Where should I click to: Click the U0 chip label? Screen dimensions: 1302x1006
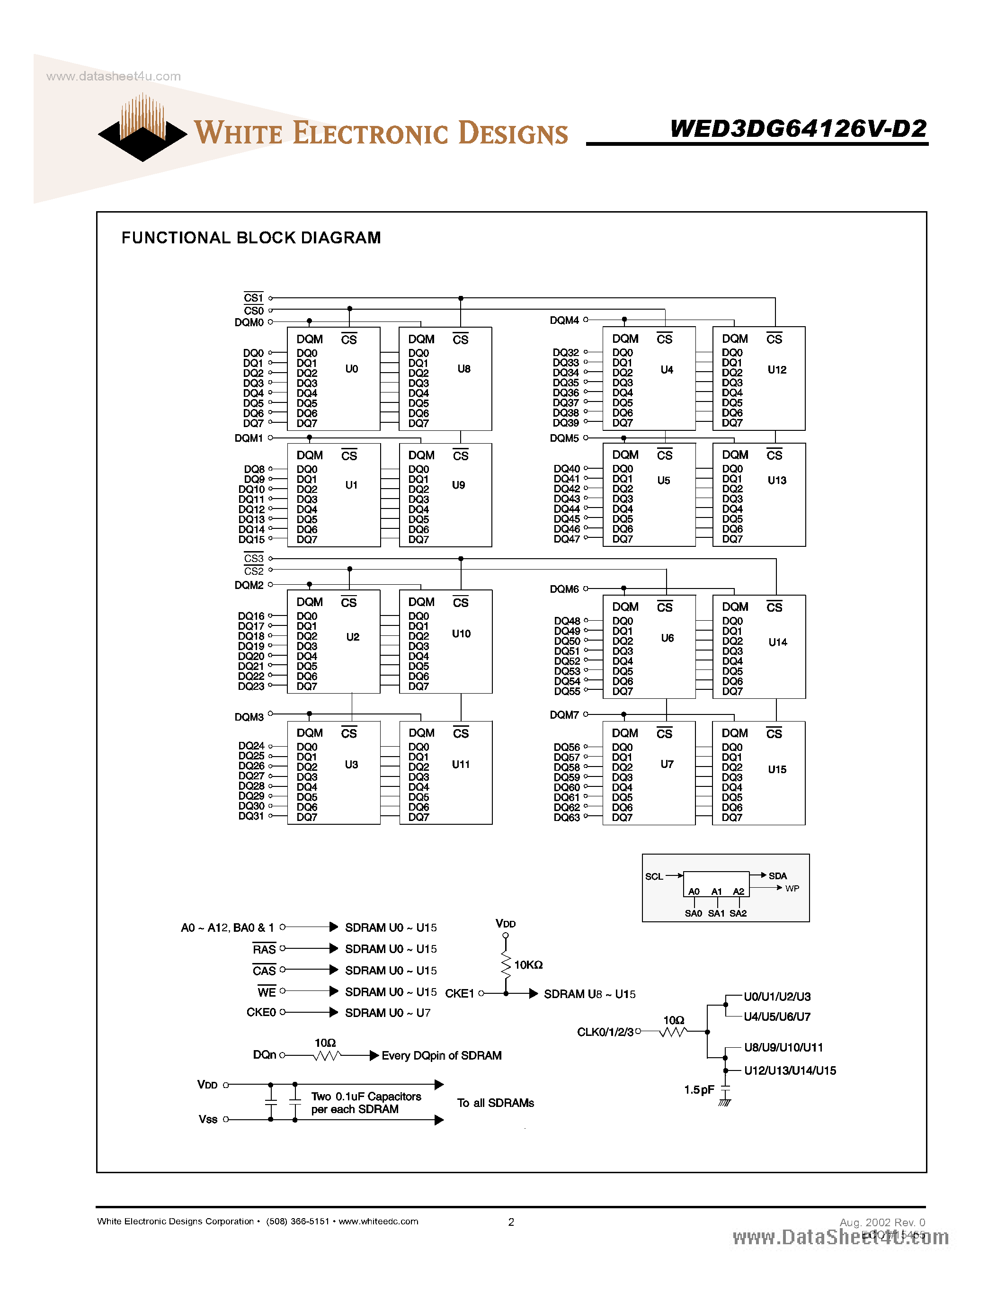pos(352,369)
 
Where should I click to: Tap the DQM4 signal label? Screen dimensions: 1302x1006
pos(564,320)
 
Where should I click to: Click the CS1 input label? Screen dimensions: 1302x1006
pos(253,297)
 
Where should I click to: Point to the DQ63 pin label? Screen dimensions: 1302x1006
pos(566,817)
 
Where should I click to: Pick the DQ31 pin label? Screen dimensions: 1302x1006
pos(251,816)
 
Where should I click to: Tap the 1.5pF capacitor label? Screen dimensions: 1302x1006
pos(698,1090)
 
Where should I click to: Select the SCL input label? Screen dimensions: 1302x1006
pos(654,876)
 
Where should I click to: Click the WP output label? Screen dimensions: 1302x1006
pos(792,888)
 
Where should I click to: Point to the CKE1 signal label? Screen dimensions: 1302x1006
pos(460,993)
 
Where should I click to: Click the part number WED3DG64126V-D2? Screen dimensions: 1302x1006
pos(798,128)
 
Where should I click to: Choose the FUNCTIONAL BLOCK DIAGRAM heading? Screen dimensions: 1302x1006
pos(251,238)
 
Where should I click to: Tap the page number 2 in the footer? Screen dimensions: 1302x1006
pos(511,1222)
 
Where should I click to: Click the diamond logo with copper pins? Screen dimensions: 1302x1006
pos(142,131)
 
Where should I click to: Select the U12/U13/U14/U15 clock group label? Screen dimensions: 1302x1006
pos(790,1070)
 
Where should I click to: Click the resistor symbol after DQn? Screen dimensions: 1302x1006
pos(327,1056)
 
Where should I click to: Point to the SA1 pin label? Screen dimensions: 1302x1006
pos(716,913)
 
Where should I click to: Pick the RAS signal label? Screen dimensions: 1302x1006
pos(264,949)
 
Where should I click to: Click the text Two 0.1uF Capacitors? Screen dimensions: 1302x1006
pos(366,1097)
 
